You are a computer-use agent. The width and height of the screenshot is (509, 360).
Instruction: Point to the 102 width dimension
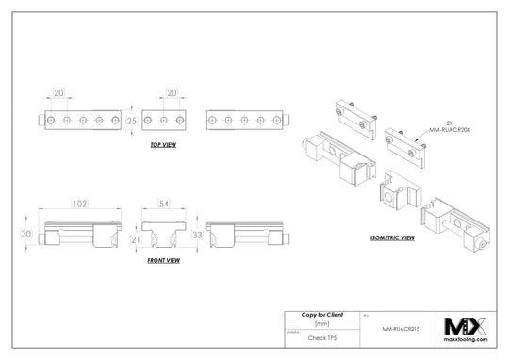tap(79, 202)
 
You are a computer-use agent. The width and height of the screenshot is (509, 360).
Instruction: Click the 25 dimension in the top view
tap(133, 121)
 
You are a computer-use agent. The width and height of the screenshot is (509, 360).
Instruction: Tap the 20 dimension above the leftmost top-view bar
tap(59, 93)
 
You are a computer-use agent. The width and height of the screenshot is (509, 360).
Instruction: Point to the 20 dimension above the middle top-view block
tap(172, 93)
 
